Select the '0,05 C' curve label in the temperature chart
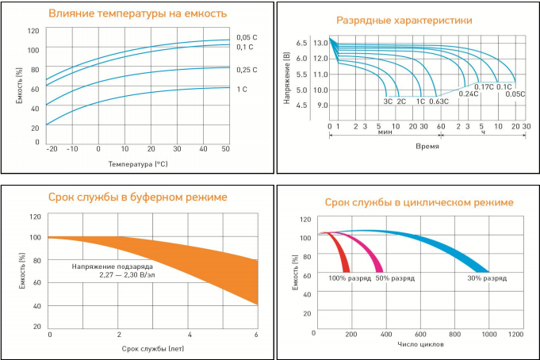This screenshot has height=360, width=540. click(x=247, y=37)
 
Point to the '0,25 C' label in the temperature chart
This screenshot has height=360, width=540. click(x=247, y=71)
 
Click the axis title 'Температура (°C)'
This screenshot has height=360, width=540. click(x=138, y=163)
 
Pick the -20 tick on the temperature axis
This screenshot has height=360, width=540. click(x=52, y=149)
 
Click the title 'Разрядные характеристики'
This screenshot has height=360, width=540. click(x=404, y=20)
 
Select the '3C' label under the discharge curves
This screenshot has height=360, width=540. click(x=388, y=102)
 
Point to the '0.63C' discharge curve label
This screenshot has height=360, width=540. click(x=439, y=102)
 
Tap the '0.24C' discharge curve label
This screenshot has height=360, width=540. click(x=468, y=94)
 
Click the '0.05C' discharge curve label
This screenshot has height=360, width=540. click(x=515, y=94)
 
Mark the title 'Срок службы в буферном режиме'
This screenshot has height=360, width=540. click(x=138, y=197)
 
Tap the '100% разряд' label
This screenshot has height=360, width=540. click(x=349, y=278)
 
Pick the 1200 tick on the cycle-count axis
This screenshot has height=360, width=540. click(x=515, y=335)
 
